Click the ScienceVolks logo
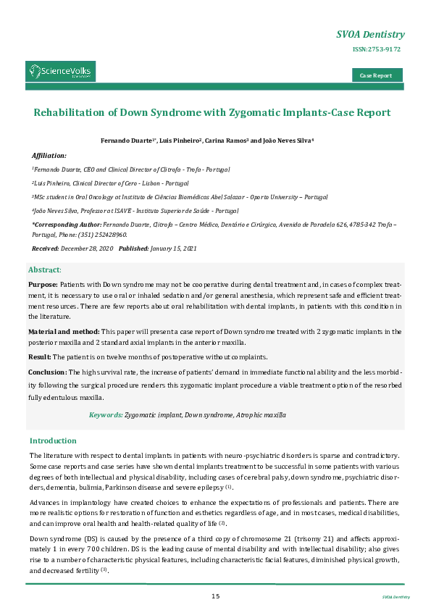[61, 71]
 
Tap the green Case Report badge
[377, 75]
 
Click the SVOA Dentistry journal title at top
[371, 35]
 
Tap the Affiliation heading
[49, 156]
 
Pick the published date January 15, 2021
[168, 248]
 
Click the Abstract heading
[45, 270]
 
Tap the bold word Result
[39, 356]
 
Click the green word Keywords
[105, 415]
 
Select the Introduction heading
[53, 440]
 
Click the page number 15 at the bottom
[215, 596]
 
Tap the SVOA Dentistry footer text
[396, 597]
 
